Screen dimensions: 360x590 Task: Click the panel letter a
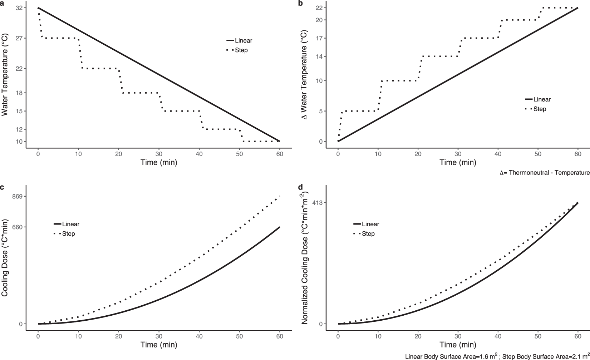coord(3,3)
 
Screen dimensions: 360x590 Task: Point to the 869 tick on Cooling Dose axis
coord(16,197)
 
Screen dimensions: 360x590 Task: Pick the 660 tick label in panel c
coord(16,227)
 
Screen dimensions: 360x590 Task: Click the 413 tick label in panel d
coord(317,203)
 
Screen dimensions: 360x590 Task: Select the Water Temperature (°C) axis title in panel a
coord(5,75)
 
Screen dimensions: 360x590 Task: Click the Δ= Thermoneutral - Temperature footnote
coord(544,173)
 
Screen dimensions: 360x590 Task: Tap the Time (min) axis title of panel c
coord(158,345)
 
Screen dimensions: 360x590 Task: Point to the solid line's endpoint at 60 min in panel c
coord(279,227)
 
